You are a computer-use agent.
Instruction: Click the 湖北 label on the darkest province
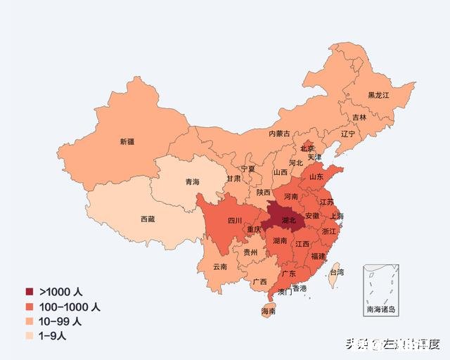(288, 220)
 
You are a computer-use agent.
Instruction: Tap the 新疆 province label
(127, 141)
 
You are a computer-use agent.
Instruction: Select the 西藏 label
(148, 219)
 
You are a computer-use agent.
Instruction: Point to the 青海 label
(192, 182)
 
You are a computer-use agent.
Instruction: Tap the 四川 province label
(234, 220)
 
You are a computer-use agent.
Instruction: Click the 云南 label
(220, 266)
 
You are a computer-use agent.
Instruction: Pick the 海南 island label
(268, 311)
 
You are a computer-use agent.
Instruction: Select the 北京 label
(307, 148)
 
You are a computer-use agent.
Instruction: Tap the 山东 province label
(316, 177)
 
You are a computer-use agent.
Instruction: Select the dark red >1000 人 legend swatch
(30, 292)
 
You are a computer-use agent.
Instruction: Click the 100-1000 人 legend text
(70, 307)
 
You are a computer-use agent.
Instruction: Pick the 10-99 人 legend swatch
(30, 321)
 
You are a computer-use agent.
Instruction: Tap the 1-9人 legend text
(57, 335)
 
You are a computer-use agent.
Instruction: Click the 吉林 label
(359, 117)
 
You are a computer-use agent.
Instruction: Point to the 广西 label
(259, 282)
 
